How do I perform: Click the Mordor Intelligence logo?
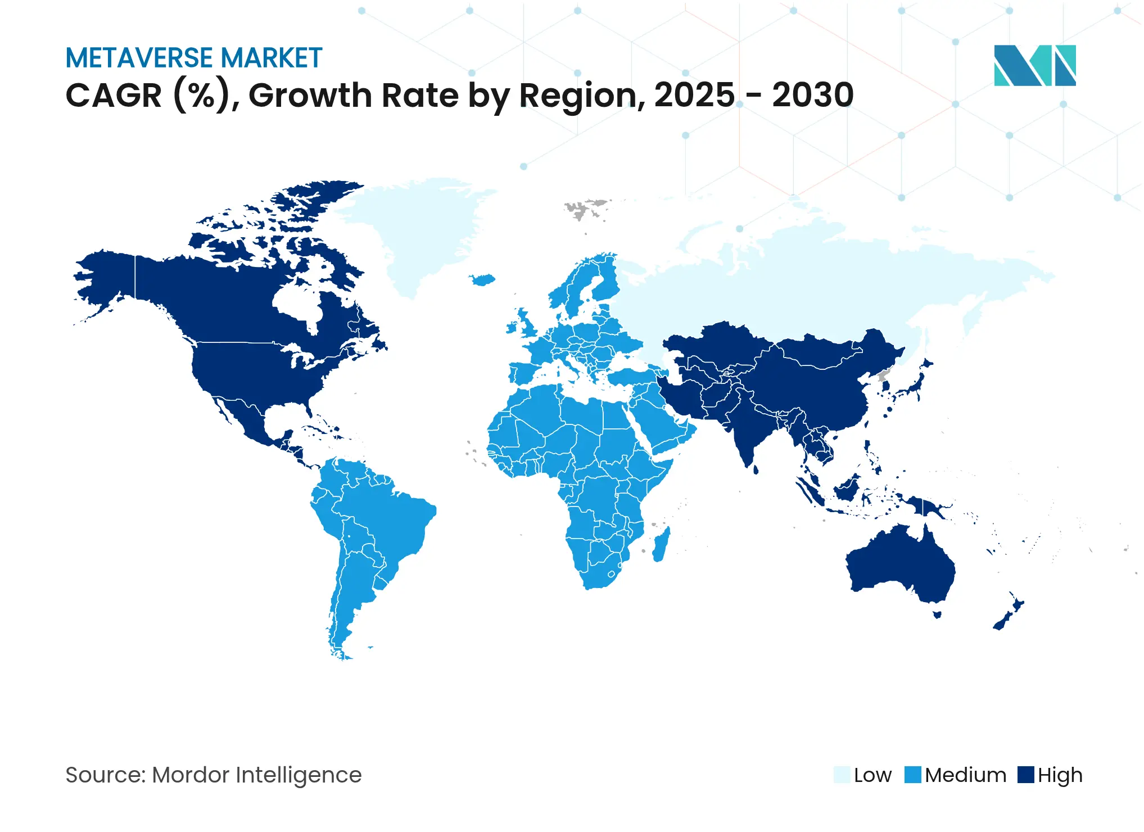pos(1034,65)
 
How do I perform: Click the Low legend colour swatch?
pos(842,775)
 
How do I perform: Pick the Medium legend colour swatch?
pos(913,775)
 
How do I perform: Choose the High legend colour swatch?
pos(1026,775)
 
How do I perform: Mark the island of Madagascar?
pos(661,544)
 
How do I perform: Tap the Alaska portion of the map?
pos(107,281)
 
